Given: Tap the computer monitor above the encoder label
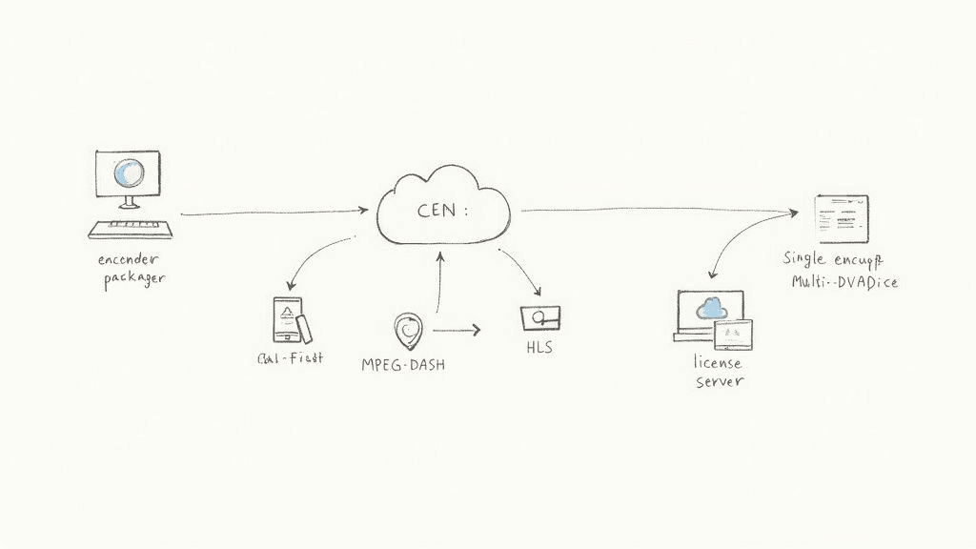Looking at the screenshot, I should click(128, 174).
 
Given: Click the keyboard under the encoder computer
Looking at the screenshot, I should click(131, 230).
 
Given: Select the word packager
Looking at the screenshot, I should click(134, 278).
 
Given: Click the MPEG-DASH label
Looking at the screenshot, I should click(403, 364).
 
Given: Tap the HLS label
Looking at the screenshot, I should click(539, 348).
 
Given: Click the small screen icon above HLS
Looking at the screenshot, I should click(540, 317).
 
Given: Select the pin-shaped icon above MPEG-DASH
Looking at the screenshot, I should click(408, 331).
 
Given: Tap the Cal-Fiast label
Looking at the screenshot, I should click(290, 358).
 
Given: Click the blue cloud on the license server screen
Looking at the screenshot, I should click(710, 307).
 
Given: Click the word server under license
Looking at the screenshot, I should click(719, 381).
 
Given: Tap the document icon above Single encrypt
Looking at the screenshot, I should click(842, 218).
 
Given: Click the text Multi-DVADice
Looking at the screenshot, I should click(845, 282).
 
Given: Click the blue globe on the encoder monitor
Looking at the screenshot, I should click(127, 173).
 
